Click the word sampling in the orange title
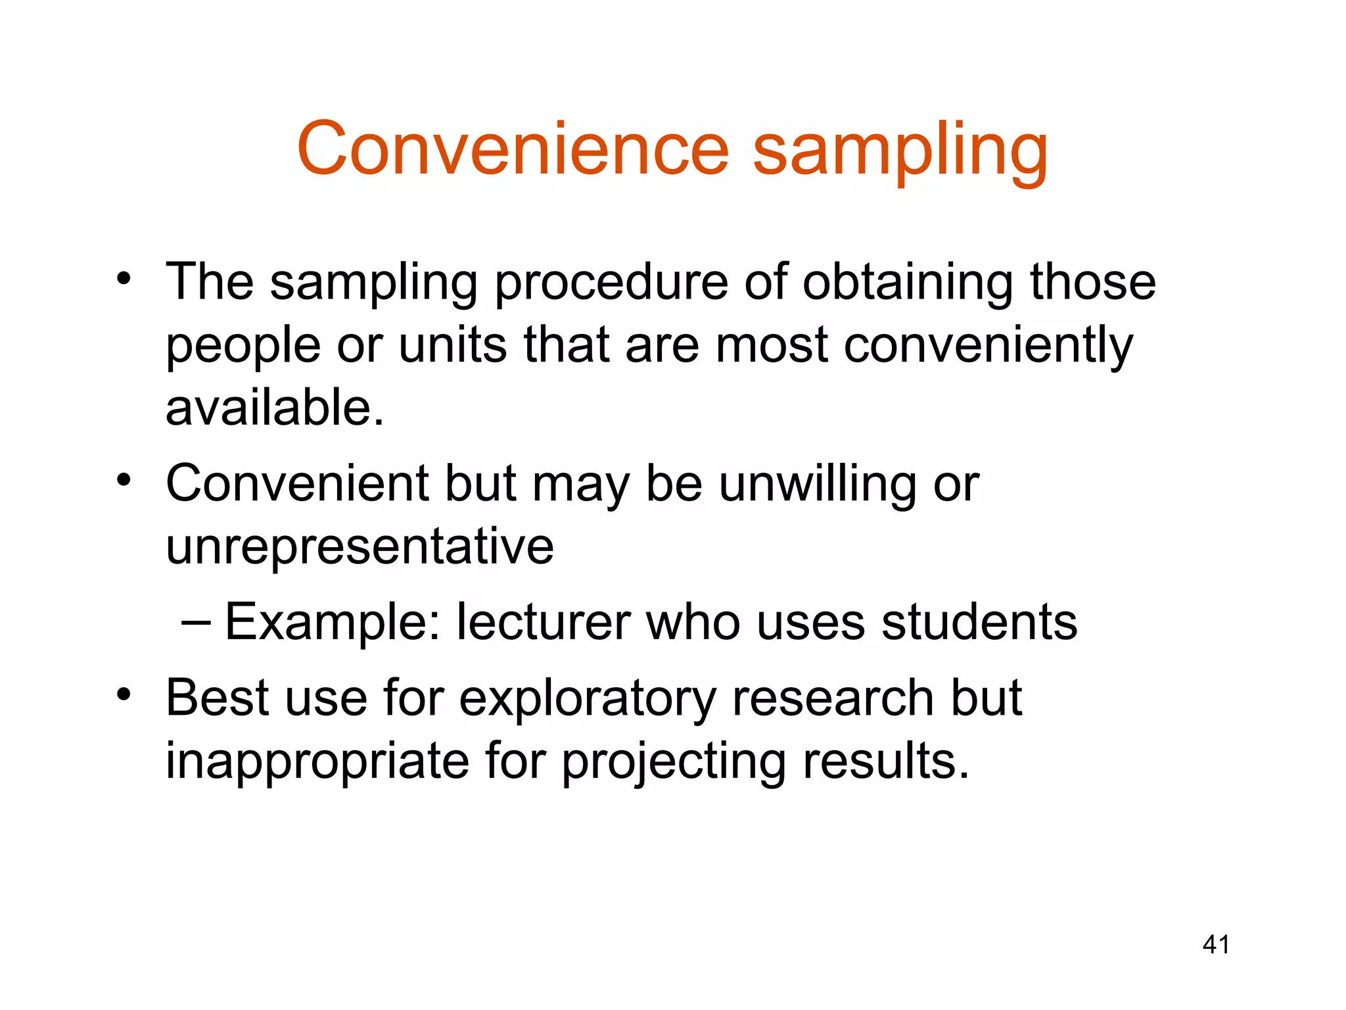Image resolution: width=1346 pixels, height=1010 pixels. coord(900,151)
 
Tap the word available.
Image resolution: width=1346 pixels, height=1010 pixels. coord(274,408)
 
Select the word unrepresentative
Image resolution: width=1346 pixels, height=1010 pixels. coord(360,546)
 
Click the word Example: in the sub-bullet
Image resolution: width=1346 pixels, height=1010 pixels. coord(333,623)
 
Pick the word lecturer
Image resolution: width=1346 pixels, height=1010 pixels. coord(543,621)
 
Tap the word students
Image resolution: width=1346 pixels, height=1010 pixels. coord(979,621)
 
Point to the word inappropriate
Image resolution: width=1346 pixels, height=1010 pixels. coord(317,761)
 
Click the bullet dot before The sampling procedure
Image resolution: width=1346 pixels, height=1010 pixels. coord(124,279)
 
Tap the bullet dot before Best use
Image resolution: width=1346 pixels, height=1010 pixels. coord(124,694)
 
